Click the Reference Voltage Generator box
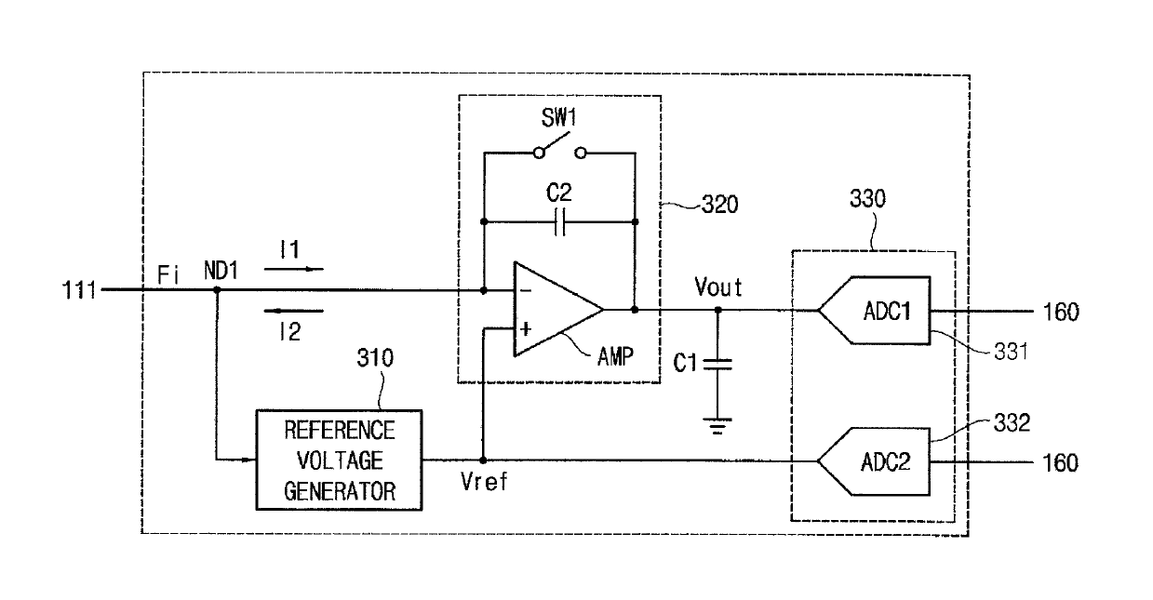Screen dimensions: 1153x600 [x=340, y=460]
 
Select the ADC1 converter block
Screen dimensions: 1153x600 [x=874, y=311]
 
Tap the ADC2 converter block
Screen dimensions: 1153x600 [x=874, y=461]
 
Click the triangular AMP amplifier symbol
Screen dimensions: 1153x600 [x=558, y=309]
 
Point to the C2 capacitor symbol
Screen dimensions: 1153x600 [x=559, y=221]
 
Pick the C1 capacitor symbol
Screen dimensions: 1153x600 [x=717, y=365]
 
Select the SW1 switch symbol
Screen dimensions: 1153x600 [x=559, y=148]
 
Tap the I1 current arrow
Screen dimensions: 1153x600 [x=294, y=269]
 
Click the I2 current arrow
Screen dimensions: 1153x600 [x=294, y=311]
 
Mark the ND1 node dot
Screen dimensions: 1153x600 [x=217, y=290]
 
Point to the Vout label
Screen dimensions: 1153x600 [x=718, y=287]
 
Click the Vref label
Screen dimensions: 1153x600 [x=484, y=482]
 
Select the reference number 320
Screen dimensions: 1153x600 [x=720, y=205]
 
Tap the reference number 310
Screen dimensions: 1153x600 [x=375, y=357]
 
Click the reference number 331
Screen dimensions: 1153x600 [x=1011, y=352]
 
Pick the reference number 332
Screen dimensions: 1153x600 [x=1012, y=423]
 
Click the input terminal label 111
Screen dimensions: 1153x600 [x=79, y=290]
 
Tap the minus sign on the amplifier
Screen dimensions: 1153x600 [x=526, y=291]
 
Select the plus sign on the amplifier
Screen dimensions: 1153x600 [x=526, y=328]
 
